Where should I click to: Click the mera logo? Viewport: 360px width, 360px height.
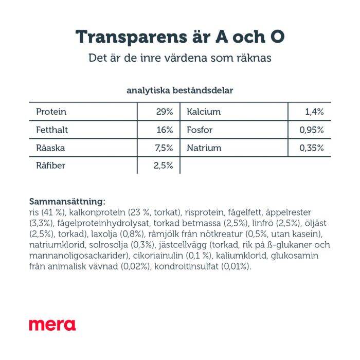(52, 325)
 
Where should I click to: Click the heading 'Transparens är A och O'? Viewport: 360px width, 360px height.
(180, 37)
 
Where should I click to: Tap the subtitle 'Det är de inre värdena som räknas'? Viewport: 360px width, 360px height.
(180, 58)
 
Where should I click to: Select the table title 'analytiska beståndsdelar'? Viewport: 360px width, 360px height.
(180, 91)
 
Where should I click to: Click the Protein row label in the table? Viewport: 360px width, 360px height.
(51, 112)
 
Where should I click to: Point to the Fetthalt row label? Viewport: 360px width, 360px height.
(52, 130)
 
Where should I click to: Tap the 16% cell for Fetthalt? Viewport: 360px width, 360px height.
(165, 130)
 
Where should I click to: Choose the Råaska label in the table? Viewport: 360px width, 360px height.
(50, 148)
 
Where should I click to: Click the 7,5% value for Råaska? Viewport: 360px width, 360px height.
(164, 148)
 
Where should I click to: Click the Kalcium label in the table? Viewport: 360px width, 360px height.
(204, 112)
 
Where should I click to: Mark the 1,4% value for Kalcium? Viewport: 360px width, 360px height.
(314, 112)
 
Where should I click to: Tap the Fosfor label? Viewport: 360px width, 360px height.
(200, 130)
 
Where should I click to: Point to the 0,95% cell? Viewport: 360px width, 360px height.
(312, 130)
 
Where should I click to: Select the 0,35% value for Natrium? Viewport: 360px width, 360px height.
(312, 148)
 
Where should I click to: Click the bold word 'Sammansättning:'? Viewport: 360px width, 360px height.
(67, 202)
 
